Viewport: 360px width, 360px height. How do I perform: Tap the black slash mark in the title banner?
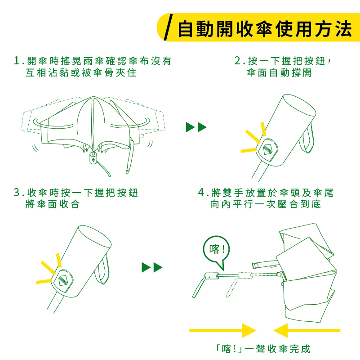point(168,27)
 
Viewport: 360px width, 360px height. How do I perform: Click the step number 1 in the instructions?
point(17,61)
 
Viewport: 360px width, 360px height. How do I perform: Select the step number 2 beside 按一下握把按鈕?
point(238,61)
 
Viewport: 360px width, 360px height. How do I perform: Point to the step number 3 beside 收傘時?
point(17,193)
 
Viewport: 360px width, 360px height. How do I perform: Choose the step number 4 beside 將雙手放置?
point(201,193)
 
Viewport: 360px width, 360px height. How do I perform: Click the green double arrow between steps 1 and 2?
point(196,127)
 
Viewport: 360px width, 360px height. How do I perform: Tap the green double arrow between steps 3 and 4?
point(152,267)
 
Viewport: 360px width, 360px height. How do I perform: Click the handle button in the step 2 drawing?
point(267,149)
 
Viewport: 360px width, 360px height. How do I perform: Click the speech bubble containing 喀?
point(216,250)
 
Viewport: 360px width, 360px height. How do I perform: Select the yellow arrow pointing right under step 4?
point(223,331)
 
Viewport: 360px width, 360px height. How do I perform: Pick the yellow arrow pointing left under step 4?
point(307,331)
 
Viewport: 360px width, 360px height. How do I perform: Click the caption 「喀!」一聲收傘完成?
point(263,349)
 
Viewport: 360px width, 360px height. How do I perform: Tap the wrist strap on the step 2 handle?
point(307,139)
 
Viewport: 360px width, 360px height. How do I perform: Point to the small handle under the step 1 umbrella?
point(93,157)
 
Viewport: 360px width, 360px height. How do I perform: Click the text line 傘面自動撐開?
point(279,72)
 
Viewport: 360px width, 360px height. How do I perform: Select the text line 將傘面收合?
point(53,204)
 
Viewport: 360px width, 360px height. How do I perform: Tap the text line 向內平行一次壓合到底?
point(266,204)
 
